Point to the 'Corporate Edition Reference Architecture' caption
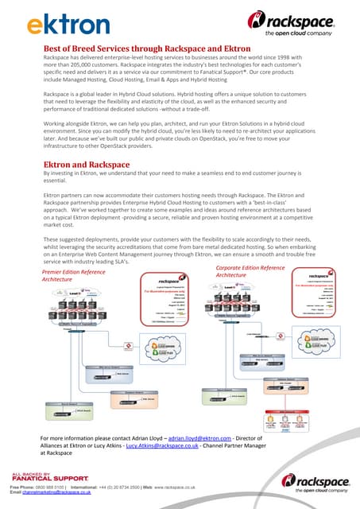pos(250,271)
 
